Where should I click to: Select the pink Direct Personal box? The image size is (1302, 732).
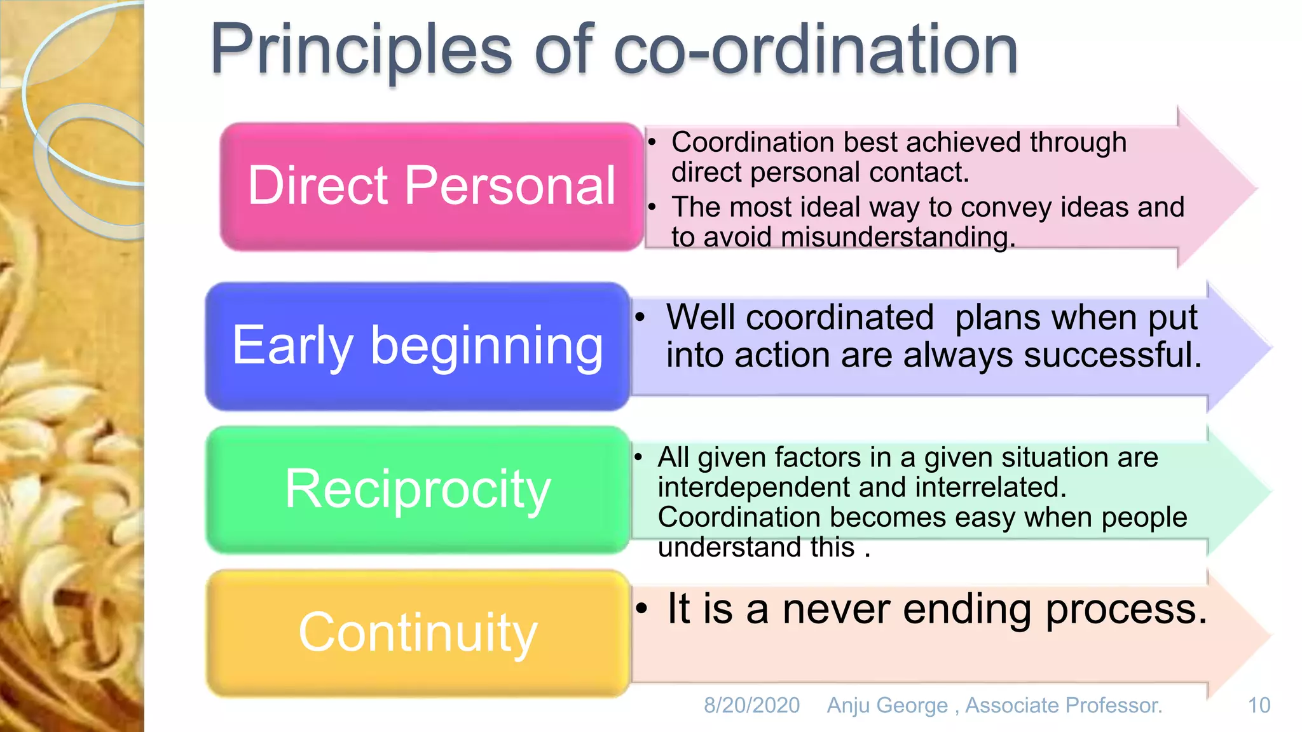pyautogui.click(x=431, y=186)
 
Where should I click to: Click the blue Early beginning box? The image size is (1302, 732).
pyautogui.click(x=417, y=346)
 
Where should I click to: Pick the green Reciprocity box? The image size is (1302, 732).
pyautogui.click(x=417, y=489)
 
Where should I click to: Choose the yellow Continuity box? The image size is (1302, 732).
pyautogui.click(x=417, y=633)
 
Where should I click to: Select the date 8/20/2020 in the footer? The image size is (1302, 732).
pyautogui.click(x=751, y=705)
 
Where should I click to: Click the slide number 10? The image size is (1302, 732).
pyautogui.click(x=1259, y=705)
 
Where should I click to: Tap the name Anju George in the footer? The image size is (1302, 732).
pyautogui.click(x=887, y=705)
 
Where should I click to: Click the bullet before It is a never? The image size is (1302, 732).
pyautogui.click(x=642, y=609)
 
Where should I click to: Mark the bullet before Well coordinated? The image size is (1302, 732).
pyautogui.click(x=640, y=316)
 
